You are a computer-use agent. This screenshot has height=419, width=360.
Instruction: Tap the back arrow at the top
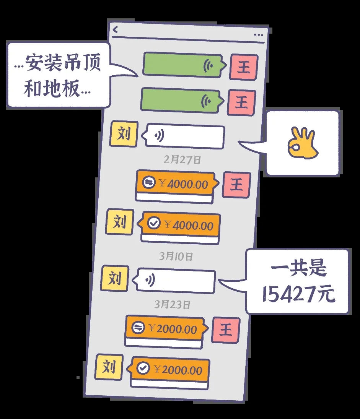(115, 30)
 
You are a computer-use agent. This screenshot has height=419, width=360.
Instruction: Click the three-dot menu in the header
(258, 35)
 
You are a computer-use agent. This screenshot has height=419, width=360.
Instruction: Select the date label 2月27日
(182, 159)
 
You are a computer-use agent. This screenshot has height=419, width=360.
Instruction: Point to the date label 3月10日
(176, 256)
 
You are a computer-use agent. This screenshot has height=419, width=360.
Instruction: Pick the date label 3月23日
(172, 304)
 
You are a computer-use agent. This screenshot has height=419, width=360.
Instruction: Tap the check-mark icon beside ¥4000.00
(154, 223)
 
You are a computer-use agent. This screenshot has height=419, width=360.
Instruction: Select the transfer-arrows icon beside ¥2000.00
(138, 327)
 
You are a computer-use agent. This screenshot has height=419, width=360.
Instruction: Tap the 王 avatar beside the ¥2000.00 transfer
(226, 330)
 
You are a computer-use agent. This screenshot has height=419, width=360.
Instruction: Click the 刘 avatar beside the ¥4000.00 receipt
(120, 222)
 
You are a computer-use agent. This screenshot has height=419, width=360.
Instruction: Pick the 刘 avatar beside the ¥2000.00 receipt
(109, 367)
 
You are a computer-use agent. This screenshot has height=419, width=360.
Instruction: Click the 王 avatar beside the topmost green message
(244, 67)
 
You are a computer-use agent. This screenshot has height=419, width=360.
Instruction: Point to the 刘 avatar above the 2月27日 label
(124, 133)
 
